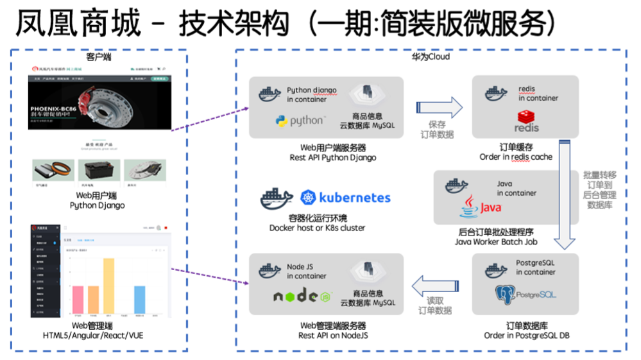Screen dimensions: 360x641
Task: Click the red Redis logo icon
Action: (x=527, y=120)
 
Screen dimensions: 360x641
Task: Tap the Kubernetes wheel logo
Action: (x=309, y=198)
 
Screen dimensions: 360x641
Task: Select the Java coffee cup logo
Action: (x=470, y=207)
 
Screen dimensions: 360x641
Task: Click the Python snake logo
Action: (x=281, y=121)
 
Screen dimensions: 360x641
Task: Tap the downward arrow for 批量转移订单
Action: (x=566, y=193)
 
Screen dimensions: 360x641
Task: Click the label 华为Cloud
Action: (x=431, y=56)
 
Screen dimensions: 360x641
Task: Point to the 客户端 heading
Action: (x=99, y=56)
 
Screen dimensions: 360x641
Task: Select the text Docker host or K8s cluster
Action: (x=318, y=228)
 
